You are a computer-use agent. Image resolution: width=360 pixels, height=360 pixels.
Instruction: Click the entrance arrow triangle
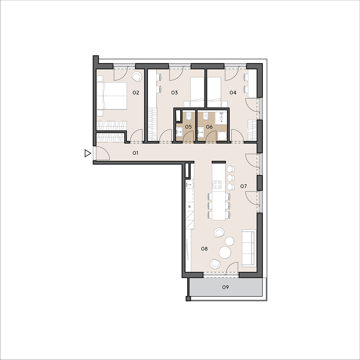88,153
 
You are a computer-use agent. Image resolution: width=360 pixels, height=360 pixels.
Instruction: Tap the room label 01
135,153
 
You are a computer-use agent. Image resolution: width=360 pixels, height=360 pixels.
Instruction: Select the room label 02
136,92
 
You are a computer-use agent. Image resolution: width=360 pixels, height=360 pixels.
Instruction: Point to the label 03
175,92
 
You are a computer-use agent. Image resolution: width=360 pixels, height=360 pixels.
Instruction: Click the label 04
233,92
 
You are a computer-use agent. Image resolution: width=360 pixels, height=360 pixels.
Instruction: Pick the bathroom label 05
188,127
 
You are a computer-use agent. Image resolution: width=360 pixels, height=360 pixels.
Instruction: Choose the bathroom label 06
209,127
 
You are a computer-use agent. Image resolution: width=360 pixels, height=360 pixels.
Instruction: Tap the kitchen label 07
244,186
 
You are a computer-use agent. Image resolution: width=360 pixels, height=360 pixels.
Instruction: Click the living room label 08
204,249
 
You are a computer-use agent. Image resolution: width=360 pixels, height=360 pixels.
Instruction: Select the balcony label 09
226,287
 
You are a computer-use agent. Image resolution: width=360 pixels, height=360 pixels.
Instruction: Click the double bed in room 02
112,96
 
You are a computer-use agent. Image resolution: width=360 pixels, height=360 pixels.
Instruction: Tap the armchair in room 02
137,76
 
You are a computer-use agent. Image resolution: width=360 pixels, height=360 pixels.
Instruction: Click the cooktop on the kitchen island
217,184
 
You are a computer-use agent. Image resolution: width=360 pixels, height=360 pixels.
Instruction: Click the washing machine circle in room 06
222,136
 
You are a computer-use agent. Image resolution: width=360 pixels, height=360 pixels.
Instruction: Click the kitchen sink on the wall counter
190,184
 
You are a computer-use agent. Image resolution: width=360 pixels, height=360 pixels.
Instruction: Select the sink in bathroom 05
179,132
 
